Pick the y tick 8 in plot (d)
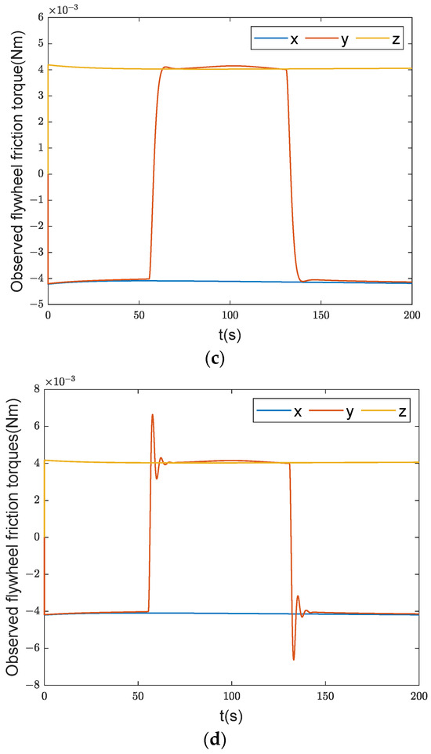click(x=37, y=390)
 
